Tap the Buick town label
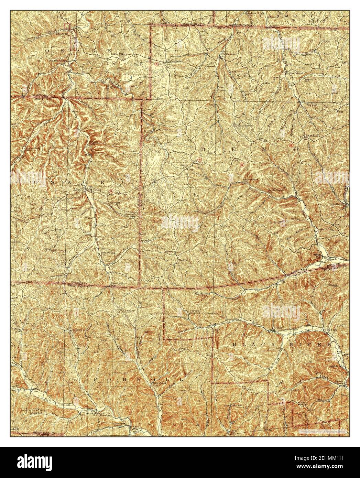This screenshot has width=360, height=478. tap(182, 261)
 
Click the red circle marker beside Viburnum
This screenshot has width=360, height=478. tap(157, 64)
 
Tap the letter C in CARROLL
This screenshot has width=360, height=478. tap(97, 379)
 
